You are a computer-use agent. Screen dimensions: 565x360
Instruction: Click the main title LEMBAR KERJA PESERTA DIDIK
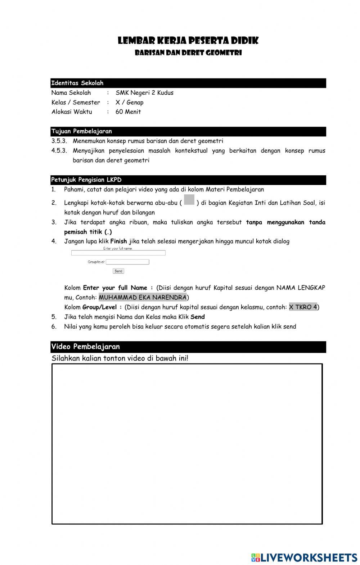[188, 41]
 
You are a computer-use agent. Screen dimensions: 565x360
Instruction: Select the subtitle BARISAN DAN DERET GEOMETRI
[188, 53]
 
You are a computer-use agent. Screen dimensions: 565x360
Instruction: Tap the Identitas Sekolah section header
[77, 83]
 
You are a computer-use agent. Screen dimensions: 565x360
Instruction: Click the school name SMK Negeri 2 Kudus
[144, 93]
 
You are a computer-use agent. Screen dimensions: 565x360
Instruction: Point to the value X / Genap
[129, 102]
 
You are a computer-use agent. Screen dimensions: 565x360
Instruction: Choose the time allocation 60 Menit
[128, 112]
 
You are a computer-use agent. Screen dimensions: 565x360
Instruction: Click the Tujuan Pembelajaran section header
[82, 131]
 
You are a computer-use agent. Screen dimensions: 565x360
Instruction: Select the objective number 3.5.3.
[59, 141]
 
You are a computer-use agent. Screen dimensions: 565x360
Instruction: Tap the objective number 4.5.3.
[59, 151]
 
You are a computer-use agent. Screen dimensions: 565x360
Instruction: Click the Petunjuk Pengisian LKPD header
[86, 180]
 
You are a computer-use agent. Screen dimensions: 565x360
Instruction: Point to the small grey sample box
[189, 200]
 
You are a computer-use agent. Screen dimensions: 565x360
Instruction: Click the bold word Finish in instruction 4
[118, 241]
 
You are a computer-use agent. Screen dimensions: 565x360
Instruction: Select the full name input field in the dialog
[118, 253]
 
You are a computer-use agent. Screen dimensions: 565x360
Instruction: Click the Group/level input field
[127, 262]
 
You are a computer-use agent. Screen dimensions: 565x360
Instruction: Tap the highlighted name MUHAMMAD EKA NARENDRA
[143, 298]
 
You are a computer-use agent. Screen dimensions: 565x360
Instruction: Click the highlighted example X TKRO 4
[303, 307]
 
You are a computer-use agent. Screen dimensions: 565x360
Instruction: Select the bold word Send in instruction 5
[198, 317]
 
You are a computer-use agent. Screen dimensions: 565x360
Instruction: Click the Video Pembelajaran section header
[86, 347]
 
